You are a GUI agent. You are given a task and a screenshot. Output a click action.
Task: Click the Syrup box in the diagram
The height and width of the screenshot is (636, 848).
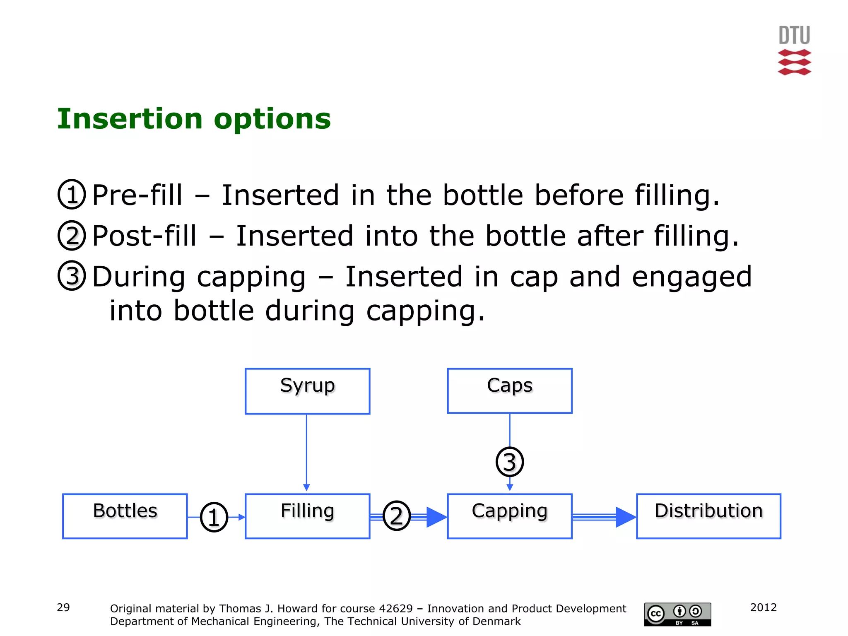pos(307,391)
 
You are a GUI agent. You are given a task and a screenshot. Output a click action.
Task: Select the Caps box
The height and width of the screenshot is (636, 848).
pos(509,391)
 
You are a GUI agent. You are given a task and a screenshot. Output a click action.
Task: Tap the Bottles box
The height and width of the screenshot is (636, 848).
pos(125,516)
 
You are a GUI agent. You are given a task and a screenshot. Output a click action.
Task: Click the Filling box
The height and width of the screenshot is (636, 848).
pos(307,516)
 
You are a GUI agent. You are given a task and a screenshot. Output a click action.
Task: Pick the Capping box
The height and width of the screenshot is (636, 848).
pos(509,516)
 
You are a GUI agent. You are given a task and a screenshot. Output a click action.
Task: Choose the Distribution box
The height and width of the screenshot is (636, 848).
pos(708,516)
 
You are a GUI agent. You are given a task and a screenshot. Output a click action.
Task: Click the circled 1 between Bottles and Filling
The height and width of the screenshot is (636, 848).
pos(214,517)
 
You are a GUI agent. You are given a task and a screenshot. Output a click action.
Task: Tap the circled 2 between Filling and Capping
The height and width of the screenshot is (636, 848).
pos(396,516)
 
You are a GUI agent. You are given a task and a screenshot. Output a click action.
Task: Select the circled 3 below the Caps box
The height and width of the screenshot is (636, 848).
pos(509,462)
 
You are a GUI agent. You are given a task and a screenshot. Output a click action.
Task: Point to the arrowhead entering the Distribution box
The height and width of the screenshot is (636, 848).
pos(625,517)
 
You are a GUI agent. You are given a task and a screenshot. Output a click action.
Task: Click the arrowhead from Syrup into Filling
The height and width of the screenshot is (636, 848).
pos(306,487)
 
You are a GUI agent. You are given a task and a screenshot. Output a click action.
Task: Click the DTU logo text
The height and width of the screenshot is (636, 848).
pos(794,35)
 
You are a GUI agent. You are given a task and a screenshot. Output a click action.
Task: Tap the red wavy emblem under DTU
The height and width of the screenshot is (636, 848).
pos(794,63)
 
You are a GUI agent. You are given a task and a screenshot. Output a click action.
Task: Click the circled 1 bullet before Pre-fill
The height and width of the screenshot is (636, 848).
pos(72,194)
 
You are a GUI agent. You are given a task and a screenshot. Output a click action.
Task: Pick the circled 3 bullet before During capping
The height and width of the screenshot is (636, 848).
pos(72,276)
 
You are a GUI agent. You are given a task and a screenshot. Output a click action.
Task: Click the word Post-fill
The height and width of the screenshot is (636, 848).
pos(144,236)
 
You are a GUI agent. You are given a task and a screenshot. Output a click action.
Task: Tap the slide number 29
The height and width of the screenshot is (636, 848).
pos(63,607)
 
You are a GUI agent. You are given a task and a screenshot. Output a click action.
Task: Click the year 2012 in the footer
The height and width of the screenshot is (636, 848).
pos(763,607)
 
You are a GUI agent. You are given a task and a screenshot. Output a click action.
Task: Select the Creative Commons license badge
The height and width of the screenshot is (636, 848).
pos(677,614)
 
